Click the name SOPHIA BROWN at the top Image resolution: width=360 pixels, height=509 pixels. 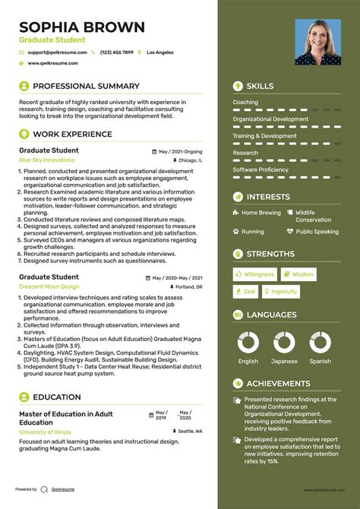click(x=81, y=27)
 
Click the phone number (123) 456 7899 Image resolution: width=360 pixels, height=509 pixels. click(x=116, y=52)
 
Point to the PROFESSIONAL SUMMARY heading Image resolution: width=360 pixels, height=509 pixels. click(x=86, y=87)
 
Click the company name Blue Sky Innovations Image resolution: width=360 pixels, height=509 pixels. click(x=46, y=161)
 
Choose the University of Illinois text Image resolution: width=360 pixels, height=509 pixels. click(x=46, y=432)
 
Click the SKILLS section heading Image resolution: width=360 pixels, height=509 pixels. click(x=261, y=87)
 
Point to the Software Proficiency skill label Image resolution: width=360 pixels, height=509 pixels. click(x=261, y=169)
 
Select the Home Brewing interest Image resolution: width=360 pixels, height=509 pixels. click(x=261, y=213)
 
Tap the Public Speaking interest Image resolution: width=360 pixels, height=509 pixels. click(x=317, y=232)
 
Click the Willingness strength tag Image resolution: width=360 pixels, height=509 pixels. click(x=255, y=274)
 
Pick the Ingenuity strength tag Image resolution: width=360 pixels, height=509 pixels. click(x=280, y=291)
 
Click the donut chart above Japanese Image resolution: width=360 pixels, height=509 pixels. click(x=283, y=343)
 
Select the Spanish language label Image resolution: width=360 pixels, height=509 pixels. click(x=320, y=362)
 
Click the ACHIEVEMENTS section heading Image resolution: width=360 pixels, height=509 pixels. click(x=278, y=384)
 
